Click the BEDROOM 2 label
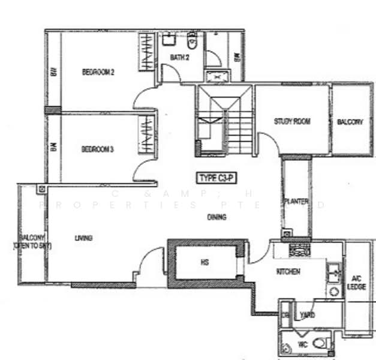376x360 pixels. pos(98,72)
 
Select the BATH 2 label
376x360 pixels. pos(179,58)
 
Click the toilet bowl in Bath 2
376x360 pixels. pos(192,41)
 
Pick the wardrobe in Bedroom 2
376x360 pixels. pos(148,52)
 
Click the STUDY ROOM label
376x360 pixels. pos(292,121)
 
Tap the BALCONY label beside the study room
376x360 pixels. pos(350,122)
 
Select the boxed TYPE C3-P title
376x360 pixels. pos(216,178)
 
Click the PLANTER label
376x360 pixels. pos(296,202)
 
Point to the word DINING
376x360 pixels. pos(216,217)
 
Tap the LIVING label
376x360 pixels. pos(83,238)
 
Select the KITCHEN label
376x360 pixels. pos(288,272)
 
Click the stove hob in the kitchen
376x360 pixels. pos(297,248)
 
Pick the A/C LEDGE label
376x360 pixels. pos(356,283)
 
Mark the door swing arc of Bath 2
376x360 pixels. pos(170,76)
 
